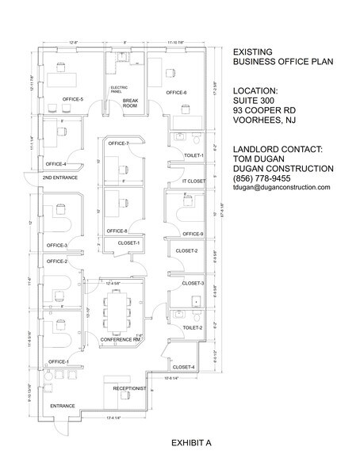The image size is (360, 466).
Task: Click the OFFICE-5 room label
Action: (72, 98)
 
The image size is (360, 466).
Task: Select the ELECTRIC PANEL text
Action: (119, 90)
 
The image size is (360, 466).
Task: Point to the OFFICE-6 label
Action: (176, 93)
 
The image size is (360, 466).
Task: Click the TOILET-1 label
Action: (193, 155)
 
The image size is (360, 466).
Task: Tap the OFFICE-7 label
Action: (118, 143)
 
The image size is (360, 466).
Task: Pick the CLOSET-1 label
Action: (128, 243)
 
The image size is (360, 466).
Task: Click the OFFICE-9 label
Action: (193, 234)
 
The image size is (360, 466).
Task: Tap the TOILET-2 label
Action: (193, 327)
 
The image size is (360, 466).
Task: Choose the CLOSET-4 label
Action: (184, 367)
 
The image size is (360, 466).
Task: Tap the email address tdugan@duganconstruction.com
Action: (281, 188)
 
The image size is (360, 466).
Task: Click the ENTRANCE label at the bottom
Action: (62, 406)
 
